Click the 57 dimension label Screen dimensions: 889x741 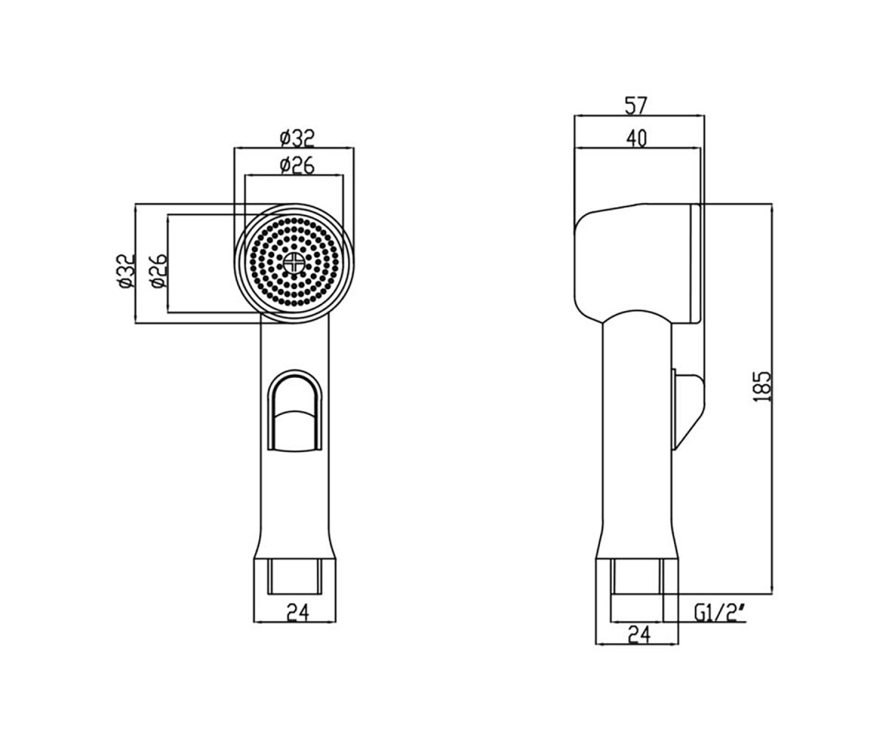click(636, 106)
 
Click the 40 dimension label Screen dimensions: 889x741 click(636, 139)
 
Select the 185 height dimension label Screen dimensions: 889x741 click(762, 387)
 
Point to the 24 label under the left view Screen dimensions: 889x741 click(298, 613)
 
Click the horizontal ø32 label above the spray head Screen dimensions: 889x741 click(297, 138)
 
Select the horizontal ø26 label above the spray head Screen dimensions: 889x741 click(297, 165)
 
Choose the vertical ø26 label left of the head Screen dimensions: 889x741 click(159, 271)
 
